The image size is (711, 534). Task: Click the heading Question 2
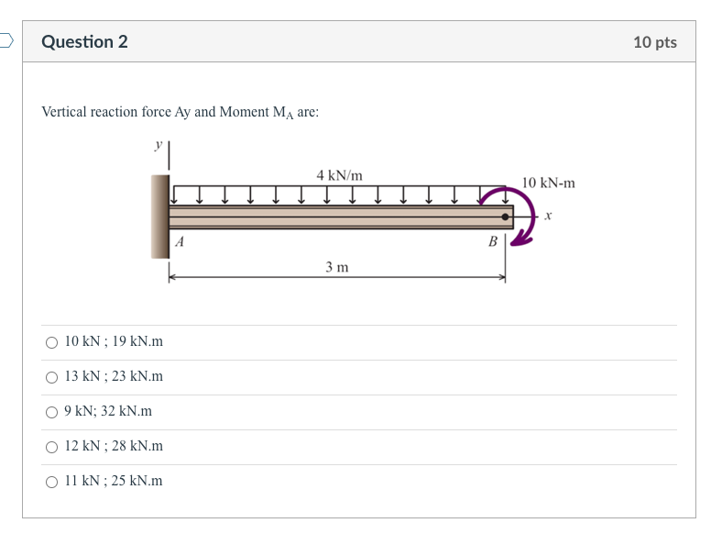click(x=84, y=42)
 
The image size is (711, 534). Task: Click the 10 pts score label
click(x=654, y=42)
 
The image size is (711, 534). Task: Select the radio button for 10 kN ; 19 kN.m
click(x=51, y=342)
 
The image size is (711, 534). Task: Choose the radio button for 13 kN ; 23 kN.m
click(x=51, y=377)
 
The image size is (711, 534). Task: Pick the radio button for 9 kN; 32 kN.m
click(x=51, y=412)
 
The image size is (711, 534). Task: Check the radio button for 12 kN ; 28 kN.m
click(x=51, y=447)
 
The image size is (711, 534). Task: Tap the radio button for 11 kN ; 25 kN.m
click(x=51, y=482)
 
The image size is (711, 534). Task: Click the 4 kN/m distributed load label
click(x=339, y=174)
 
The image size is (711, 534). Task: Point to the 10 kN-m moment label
click(x=548, y=183)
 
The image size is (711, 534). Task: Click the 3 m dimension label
click(x=336, y=267)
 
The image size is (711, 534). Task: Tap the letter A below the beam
click(x=180, y=242)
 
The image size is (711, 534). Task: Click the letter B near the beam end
click(x=493, y=242)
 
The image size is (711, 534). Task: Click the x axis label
click(x=547, y=217)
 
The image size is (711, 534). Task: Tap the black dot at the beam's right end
click(x=505, y=217)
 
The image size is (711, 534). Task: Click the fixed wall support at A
click(x=159, y=217)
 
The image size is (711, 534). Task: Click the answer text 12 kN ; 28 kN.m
click(x=114, y=447)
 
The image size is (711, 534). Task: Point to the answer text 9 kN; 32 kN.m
click(x=108, y=412)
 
